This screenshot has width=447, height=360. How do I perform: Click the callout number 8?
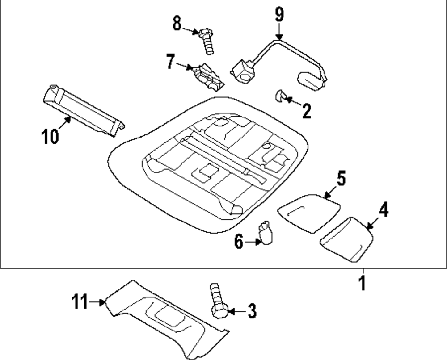click(x=177, y=24)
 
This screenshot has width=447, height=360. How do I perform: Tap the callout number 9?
click(x=279, y=14)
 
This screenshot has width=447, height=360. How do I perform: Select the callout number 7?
click(x=170, y=62)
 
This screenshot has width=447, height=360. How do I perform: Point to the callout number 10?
click(x=51, y=136)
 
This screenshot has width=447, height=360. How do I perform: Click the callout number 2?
click(x=306, y=111)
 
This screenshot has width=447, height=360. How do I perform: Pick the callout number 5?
click(x=341, y=178)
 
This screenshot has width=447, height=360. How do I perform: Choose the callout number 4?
click(x=384, y=209)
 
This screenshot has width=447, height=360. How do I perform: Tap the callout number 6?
click(x=239, y=242)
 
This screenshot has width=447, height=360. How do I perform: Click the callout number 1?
click(x=363, y=283)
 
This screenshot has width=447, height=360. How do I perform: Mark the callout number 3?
click(x=252, y=311)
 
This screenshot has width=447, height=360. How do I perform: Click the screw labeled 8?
click(x=207, y=41)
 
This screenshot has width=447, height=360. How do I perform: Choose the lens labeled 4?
click(x=347, y=239)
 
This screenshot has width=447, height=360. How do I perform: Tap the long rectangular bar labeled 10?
click(x=83, y=109)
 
